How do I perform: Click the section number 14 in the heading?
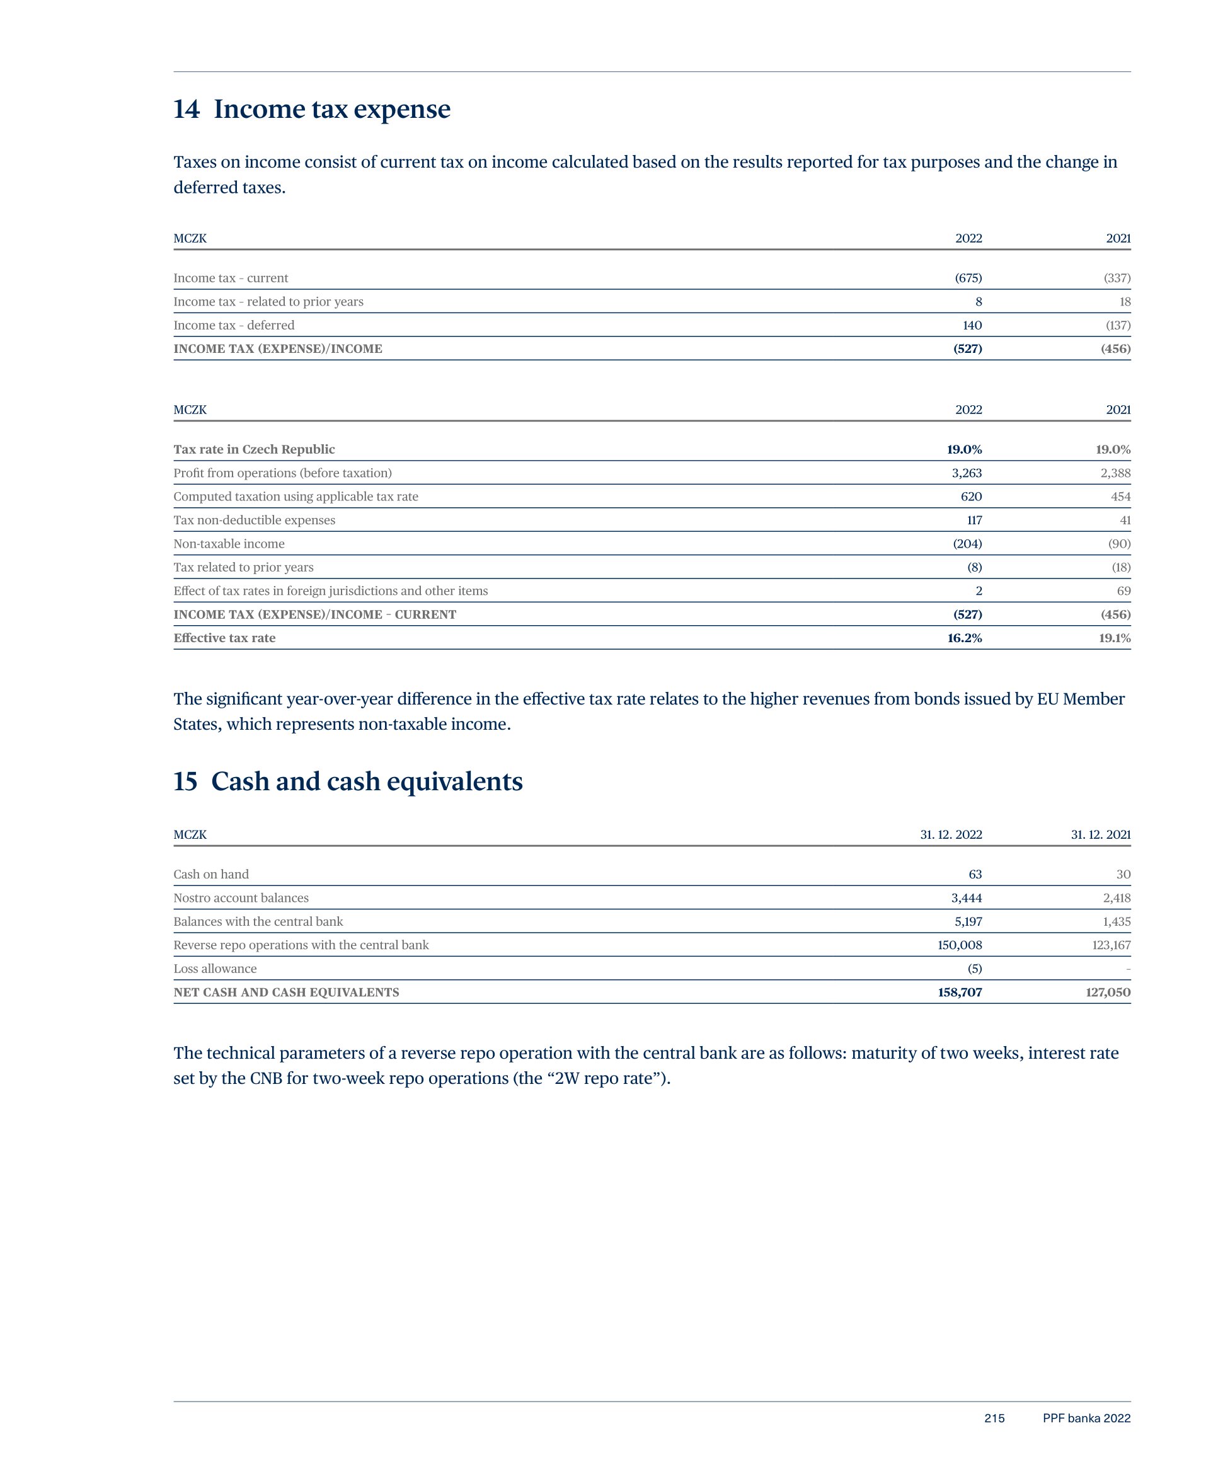click(x=186, y=110)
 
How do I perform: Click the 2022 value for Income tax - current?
click(x=968, y=278)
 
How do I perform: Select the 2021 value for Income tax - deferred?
click(x=1118, y=325)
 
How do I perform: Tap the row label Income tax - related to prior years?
click(x=268, y=301)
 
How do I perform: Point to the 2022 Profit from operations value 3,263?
click(x=967, y=473)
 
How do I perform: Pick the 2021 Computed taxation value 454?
click(x=1120, y=497)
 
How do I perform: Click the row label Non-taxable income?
click(x=229, y=544)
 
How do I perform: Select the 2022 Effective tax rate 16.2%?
click(x=964, y=638)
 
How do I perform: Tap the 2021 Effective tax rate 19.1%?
click(x=1114, y=638)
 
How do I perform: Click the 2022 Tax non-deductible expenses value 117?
click(x=974, y=521)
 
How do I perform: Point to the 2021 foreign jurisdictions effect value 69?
click(x=1123, y=591)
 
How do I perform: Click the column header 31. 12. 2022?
click(x=950, y=835)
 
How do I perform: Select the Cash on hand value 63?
click(x=975, y=875)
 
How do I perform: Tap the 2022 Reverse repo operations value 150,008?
click(x=960, y=945)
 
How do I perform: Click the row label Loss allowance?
click(x=215, y=969)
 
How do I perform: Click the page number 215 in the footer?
click(x=994, y=1419)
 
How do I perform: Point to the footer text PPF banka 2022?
click(x=1086, y=1419)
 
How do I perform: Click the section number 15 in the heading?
click(x=185, y=782)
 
